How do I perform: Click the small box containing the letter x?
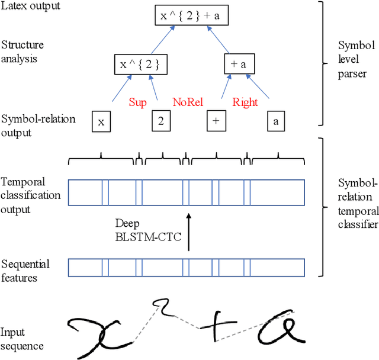(x=101, y=121)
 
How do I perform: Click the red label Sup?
(x=137, y=102)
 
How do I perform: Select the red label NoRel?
(x=188, y=102)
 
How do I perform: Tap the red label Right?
(x=245, y=102)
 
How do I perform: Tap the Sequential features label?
(x=25, y=270)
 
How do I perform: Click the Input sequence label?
(x=21, y=339)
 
